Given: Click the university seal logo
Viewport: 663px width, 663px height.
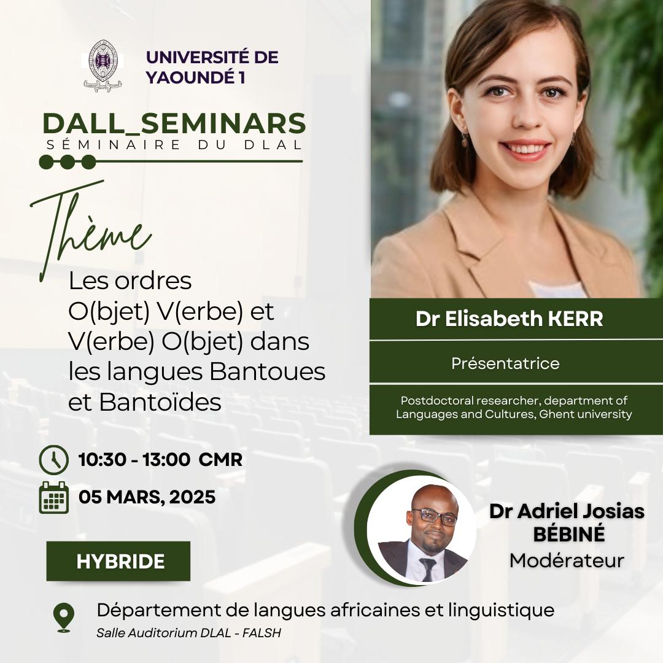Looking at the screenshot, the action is (x=103, y=66).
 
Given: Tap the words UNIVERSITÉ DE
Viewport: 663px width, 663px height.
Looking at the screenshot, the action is (x=212, y=58).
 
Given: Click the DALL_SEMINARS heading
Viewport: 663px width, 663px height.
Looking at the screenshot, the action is (x=174, y=123).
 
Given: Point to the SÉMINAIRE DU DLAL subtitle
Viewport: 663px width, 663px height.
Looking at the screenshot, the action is (x=174, y=145).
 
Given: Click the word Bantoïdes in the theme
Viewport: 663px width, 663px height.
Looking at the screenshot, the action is (x=160, y=402).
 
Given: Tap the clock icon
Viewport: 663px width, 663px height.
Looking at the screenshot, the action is (x=53, y=460).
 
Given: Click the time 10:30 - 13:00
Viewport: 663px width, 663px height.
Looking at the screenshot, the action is (x=134, y=460).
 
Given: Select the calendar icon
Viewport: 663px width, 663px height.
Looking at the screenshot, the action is (x=53, y=497).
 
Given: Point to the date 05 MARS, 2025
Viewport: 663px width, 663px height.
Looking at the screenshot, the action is (x=147, y=497).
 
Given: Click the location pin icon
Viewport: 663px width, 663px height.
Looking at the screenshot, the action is (x=64, y=618).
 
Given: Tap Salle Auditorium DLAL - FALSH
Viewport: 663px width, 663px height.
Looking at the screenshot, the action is (x=188, y=632).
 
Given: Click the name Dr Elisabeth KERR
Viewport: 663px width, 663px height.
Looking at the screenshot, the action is (x=509, y=319).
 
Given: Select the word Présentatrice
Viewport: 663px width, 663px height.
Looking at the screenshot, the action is (x=505, y=363).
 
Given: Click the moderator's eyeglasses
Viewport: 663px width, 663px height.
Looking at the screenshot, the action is (x=435, y=516).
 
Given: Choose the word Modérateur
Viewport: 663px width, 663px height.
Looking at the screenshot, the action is (x=567, y=560).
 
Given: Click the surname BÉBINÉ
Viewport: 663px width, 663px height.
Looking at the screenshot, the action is (x=568, y=534).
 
